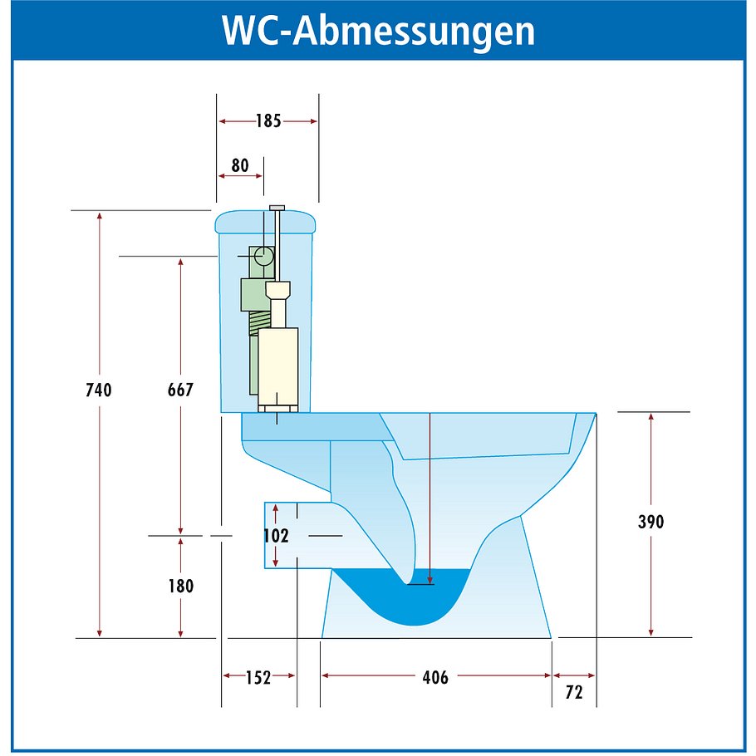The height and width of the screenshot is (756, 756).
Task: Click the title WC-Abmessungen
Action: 378,31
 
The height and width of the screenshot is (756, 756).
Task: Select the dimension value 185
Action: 268,121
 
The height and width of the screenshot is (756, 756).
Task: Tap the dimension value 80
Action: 239,165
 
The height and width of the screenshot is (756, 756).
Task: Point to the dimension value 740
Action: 98,390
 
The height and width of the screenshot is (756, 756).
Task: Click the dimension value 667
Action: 179,390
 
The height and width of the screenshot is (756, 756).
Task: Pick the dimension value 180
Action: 179,586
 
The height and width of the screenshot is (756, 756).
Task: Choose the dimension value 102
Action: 275,536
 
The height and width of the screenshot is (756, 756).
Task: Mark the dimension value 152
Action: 258,678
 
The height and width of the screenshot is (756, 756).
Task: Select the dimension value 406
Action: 434,678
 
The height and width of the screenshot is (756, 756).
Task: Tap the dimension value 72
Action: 573,692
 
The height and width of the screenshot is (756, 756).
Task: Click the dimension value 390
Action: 650,523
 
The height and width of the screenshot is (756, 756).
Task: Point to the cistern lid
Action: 266,222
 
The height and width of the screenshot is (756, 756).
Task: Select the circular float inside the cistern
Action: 263,256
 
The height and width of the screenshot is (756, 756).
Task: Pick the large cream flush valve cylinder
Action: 277,366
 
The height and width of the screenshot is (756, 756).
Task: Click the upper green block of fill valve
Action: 252,293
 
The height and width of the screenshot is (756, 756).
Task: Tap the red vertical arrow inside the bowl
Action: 430,498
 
